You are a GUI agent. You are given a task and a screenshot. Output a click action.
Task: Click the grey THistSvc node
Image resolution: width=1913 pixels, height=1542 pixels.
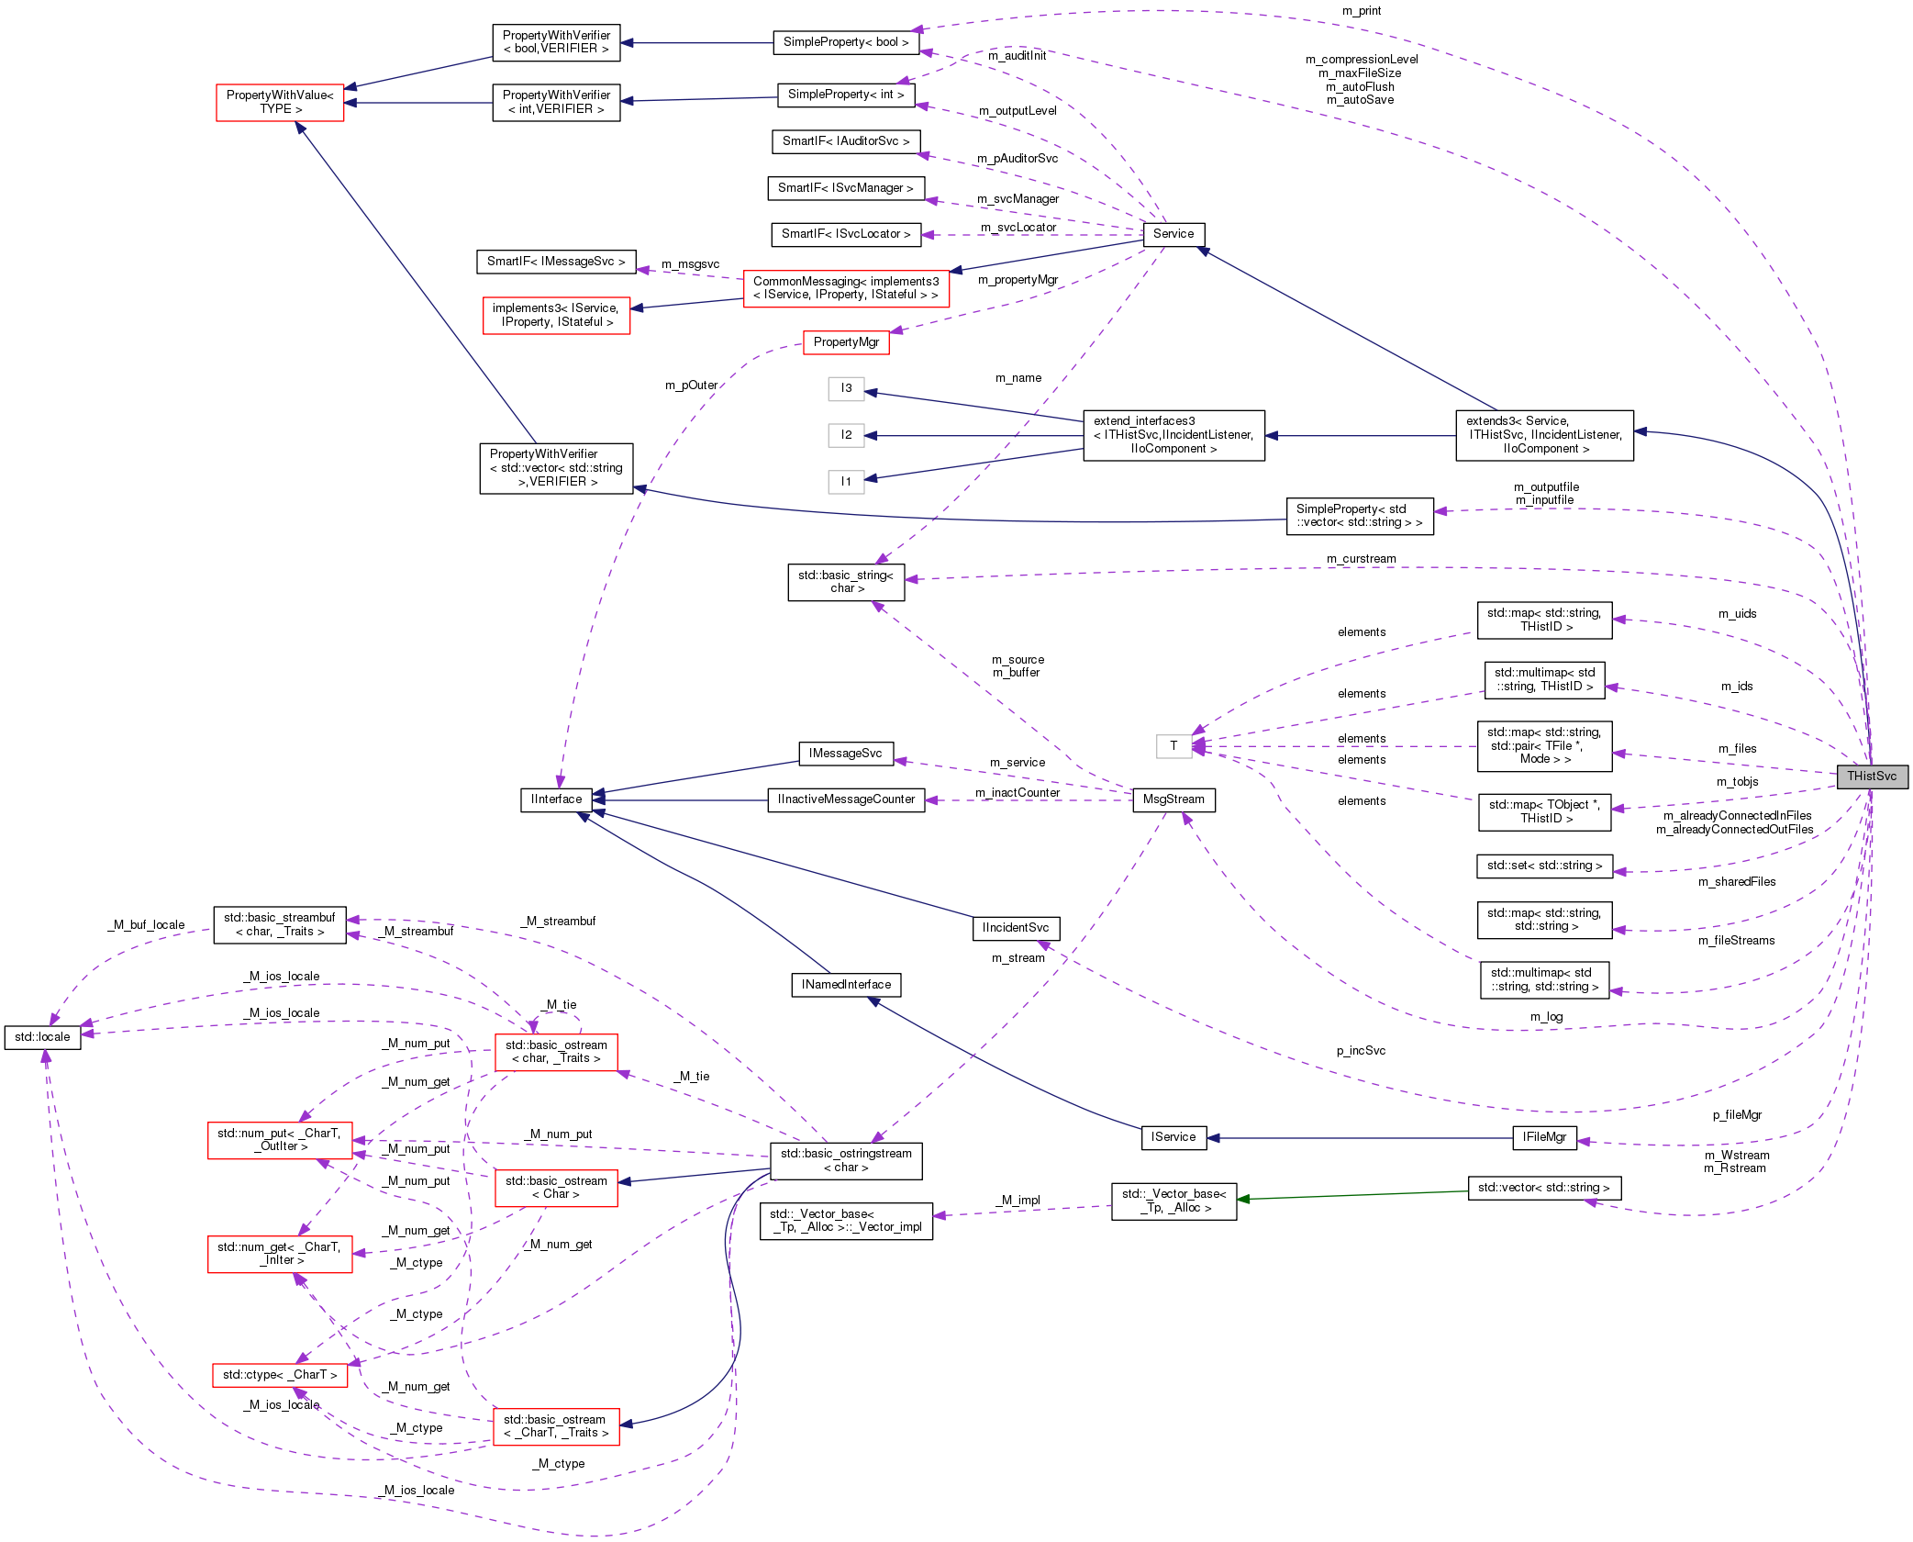pos(1871,777)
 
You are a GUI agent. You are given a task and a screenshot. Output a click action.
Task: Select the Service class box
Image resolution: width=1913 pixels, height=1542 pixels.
pos(1173,234)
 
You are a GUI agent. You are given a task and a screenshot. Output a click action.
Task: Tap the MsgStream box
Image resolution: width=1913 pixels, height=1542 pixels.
pos(1173,799)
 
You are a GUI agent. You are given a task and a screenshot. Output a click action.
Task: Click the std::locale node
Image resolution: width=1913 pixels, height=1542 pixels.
pos(42,1037)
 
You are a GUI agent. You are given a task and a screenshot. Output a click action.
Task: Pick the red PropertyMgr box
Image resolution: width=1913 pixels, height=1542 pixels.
pos(845,342)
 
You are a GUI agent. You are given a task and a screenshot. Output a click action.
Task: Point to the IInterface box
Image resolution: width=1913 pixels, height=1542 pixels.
pos(556,799)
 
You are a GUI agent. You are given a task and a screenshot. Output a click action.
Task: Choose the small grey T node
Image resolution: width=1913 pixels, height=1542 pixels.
pos(1173,746)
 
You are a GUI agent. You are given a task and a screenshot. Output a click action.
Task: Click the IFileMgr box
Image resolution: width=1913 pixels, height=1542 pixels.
pos(1543,1137)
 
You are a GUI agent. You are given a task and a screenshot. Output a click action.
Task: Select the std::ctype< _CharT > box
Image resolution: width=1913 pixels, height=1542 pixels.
pos(279,1375)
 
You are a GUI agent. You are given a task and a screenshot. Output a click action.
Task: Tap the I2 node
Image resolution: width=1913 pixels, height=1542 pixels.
pos(845,435)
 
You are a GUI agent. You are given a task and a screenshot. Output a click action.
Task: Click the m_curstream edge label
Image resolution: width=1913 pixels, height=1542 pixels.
pos(1361,559)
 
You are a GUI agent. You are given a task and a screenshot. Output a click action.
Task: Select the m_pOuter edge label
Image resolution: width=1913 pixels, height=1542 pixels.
pos(691,385)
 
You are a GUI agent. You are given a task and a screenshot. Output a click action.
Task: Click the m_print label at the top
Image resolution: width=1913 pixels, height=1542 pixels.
pos(1361,11)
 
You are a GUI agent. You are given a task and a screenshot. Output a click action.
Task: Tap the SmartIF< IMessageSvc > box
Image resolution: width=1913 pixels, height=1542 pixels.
pos(555,262)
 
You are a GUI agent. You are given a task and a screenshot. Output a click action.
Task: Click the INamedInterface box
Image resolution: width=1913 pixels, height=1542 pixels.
pos(845,985)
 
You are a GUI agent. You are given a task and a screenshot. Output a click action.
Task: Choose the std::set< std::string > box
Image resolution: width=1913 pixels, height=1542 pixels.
pos(1543,866)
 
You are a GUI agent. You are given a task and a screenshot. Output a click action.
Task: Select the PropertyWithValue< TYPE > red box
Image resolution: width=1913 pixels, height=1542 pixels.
pos(280,102)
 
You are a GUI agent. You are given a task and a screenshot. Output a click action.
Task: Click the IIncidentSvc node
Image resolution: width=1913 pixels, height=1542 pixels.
pos(1015,928)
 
